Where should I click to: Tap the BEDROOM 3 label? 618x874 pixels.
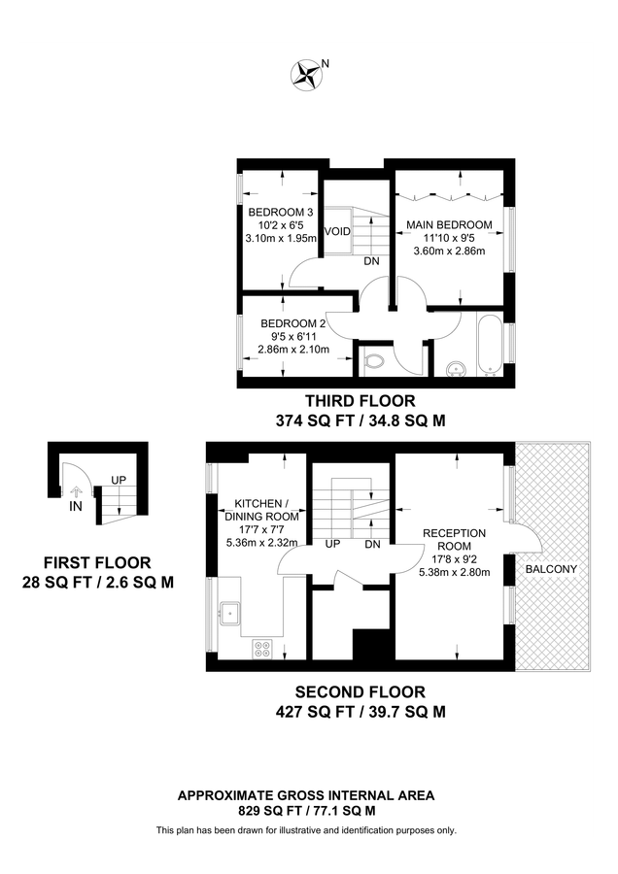pos(280,213)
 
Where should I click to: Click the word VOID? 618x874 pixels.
pos(337,231)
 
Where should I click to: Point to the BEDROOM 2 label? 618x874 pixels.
pos(292,323)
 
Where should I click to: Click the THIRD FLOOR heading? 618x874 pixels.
pos(360,400)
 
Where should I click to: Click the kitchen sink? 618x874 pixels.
pos(231,613)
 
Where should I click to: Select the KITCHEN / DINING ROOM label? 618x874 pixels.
pos(260,511)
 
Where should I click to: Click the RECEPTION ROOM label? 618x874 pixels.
pos(455,540)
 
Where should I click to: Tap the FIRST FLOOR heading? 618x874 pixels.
pos(97,562)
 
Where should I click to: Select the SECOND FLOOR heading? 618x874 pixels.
pos(360,692)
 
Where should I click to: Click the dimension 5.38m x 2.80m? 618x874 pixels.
pos(455,572)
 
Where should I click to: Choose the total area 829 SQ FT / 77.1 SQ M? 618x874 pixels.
pos(306,810)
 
